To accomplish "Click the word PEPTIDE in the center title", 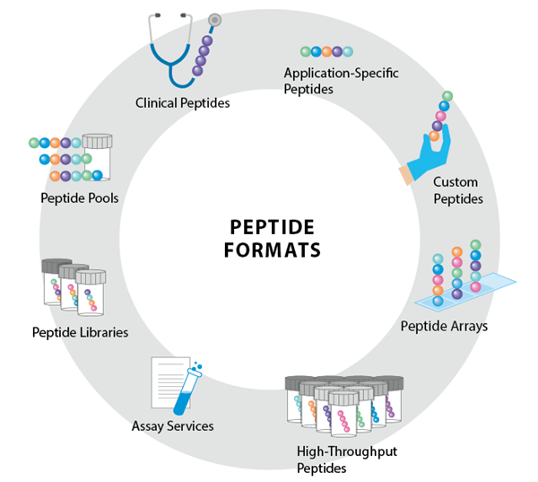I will pos(269,225).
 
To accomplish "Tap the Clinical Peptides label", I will pos(182,103).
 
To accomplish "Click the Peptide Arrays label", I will pos(444,326).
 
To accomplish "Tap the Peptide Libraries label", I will pos(80,332).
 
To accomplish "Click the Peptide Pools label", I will pos(79,197).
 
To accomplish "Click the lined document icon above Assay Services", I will pos(168,381).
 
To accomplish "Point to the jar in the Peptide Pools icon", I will pos(97,156).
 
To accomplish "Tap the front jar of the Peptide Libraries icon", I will pos(91,293).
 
